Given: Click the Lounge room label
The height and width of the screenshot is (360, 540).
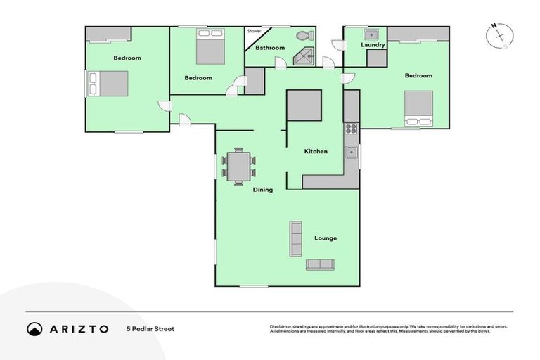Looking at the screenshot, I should pyautogui.click(x=325, y=238).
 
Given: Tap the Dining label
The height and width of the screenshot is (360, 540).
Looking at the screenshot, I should pyautogui.click(x=263, y=190).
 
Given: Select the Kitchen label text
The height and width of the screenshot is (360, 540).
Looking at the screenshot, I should pyautogui.click(x=315, y=151).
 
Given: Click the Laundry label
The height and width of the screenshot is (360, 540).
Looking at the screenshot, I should pyautogui.click(x=373, y=45).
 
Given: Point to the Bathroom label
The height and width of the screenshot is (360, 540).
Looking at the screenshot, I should pyautogui.click(x=269, y=48).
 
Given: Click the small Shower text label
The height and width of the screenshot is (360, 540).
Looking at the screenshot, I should pyautogui.click(x=254, y=32).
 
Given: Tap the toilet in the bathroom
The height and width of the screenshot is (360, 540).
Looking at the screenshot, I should pyautogui.click(x=304, y=35).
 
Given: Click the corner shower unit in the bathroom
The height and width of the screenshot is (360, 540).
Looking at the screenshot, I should pyautogui.click(x=303, y=57).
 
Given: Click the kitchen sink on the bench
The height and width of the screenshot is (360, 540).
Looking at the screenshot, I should pyautogui.click(x=351, y=152).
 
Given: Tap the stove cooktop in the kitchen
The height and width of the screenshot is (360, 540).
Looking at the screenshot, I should pyautogui.click(x=351, y=129).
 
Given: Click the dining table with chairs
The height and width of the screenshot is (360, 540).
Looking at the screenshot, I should pyautogui.click(x=238, y=167).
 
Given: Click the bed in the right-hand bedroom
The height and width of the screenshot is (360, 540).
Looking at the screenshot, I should pyautogui.click(x=418, y=108).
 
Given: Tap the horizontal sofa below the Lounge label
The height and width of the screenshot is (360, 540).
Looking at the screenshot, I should pyautogui.click(x=321, y=264).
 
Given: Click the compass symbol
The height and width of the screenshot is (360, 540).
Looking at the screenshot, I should pyautogui.click(x=500, y=36).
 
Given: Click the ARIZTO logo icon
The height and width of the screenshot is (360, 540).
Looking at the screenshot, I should pyautogui.click(x=34, y=328).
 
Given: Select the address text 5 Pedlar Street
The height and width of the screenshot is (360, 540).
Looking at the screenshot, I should pyautogui.click(x=150, y=328).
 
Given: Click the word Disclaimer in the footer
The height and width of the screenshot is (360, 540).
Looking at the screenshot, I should pyautogui.click(x=280, y=326).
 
